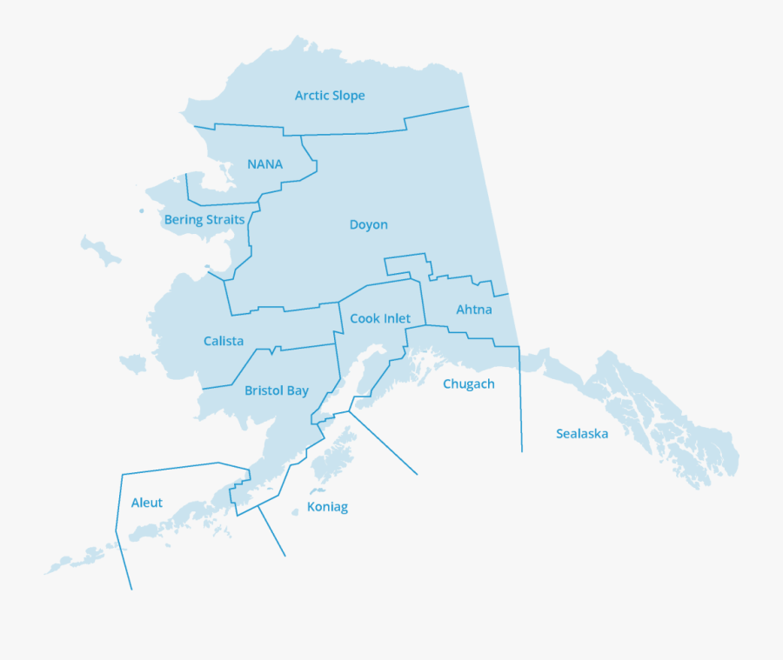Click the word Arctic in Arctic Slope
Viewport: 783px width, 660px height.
click(x=311, y=96)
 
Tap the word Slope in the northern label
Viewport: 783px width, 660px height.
click(x=348, y=96)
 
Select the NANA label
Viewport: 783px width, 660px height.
click(x=264, y=164)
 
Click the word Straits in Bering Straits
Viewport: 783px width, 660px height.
click(x=224, y=220)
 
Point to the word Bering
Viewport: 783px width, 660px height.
click(x=183, y=220)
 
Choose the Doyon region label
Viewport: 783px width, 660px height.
click(x=368, y=224)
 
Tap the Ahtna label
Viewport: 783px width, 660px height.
click(x=474, y=310)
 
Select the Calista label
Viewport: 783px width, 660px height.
click(x=224, y=341)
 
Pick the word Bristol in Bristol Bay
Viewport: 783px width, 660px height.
click(x=264, y=391)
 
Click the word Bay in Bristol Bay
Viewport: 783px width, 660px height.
click(x=298, y=391)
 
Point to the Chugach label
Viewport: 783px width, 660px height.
click(x=468, y=384)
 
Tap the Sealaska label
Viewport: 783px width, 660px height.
click(x=582, y=433)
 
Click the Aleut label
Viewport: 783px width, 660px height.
click(x=146, y=503)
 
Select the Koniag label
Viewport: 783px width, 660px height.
click(x=327, y=507)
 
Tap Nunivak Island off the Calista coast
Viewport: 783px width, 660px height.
click(x=133, y=362)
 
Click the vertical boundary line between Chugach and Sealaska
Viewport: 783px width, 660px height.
click(x=520, y=400)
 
